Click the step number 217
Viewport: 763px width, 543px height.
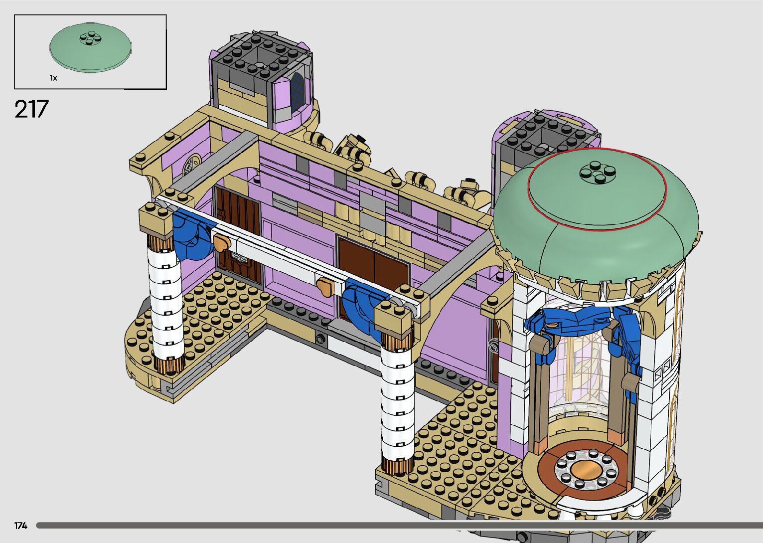click(31, 109)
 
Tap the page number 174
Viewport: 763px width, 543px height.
click(21, 526)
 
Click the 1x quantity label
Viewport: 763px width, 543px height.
click(53, 78)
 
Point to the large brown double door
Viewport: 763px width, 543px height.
click(374, 269)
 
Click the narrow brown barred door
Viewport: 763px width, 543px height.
click(238, 235)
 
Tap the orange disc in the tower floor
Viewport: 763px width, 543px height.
click(587, 471)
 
